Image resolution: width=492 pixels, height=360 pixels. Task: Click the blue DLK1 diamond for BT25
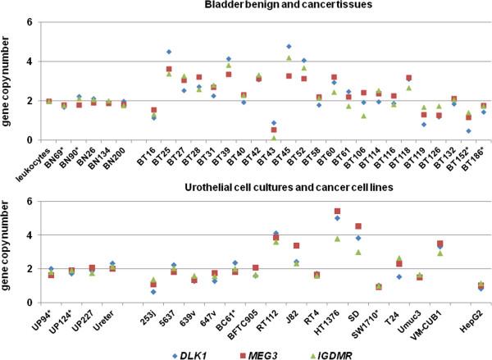169,52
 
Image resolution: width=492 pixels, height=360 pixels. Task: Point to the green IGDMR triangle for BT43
273,138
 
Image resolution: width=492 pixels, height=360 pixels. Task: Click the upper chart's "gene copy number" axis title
10,82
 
